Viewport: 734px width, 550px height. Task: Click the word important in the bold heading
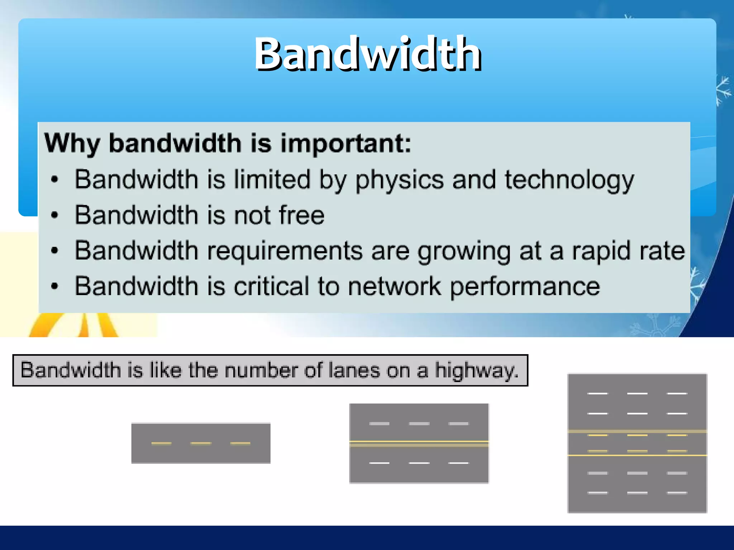tap(346, 143)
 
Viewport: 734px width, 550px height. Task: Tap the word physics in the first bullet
tap(399, 180)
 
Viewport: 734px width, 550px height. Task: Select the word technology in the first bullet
tap(569, 180)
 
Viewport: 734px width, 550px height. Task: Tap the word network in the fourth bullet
tap(394, 286)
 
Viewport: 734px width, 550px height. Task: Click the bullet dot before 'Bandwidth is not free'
tap(54, 215)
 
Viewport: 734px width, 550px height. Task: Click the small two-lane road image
tap(201, 443)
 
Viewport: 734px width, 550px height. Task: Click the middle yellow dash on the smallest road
tap(201, 443)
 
